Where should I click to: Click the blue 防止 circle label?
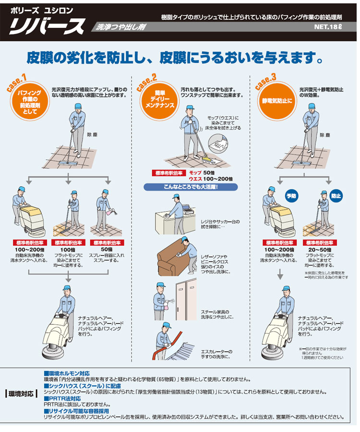click(x=336, y=196)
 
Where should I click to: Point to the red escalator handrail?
click(x=173, y=338)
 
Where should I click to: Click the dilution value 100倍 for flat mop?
click(x=68, y=250)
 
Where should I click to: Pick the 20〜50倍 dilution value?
click(x=326, y=250)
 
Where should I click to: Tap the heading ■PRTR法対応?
click(x=62, y=398)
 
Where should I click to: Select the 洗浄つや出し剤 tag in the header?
click(x=115, y=27)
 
